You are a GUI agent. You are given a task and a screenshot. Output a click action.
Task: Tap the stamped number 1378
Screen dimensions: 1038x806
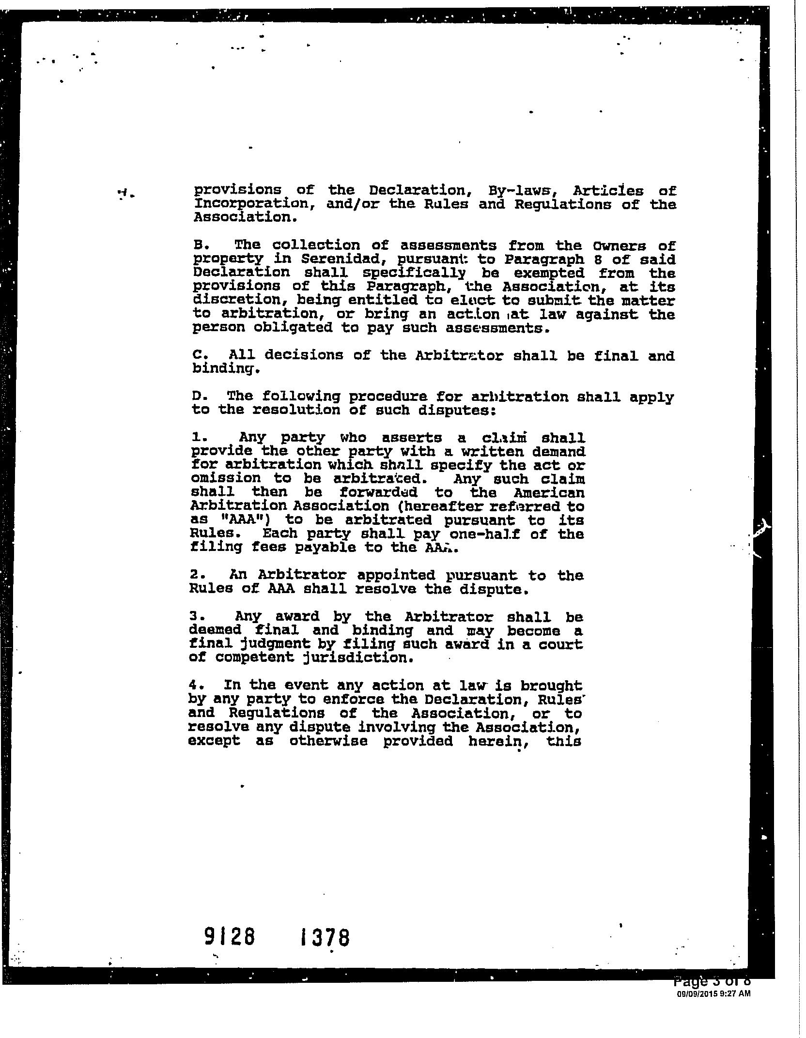325,938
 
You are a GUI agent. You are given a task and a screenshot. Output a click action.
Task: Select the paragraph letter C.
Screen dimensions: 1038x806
197,355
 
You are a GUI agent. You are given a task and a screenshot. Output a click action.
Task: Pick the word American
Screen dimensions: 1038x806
549,493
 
